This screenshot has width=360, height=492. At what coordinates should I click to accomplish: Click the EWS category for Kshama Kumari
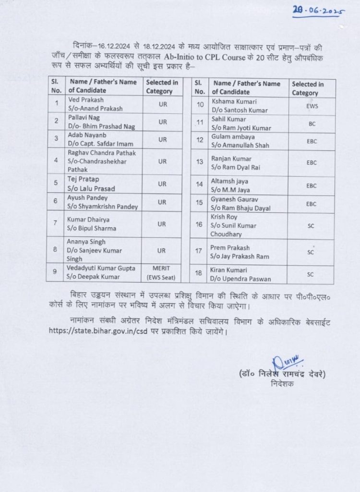[x=312, y=106]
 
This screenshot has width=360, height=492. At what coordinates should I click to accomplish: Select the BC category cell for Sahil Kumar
[x=312, y=123]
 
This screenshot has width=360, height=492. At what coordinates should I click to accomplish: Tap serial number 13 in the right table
[x=200, y=163]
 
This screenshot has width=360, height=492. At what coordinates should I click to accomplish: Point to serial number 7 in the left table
[x=57, y=224]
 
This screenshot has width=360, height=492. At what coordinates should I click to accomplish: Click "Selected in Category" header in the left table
[x=162, y=86]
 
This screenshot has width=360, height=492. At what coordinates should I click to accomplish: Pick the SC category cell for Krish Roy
[x=311, y=225]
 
